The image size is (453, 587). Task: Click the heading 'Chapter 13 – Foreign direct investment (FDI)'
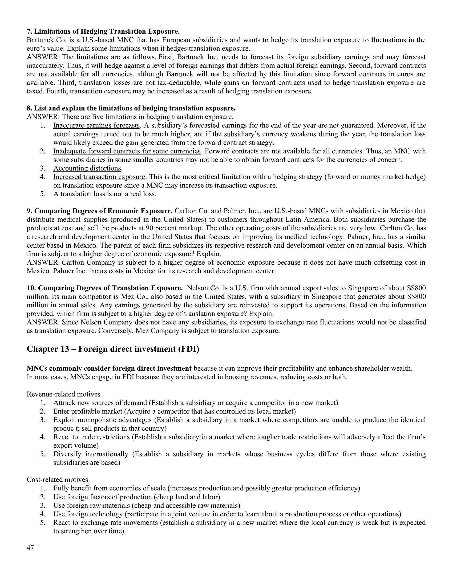click(113, 349)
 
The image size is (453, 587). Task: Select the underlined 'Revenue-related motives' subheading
click(64, 394)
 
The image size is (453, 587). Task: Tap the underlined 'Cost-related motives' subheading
click(57, 480)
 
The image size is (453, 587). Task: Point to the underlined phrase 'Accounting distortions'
click(87, 169)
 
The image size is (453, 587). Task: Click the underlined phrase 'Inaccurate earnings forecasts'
click(96, 125)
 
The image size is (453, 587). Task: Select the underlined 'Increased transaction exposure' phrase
click(99, 177)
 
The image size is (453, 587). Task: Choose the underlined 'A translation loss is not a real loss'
click(104, 194)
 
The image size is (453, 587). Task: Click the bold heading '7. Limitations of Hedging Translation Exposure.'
click(103, 31)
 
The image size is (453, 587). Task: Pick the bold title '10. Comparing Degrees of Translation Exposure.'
click(105, 288)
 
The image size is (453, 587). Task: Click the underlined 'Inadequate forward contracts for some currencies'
click(127, 151)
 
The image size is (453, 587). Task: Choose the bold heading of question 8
click(131, 109)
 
